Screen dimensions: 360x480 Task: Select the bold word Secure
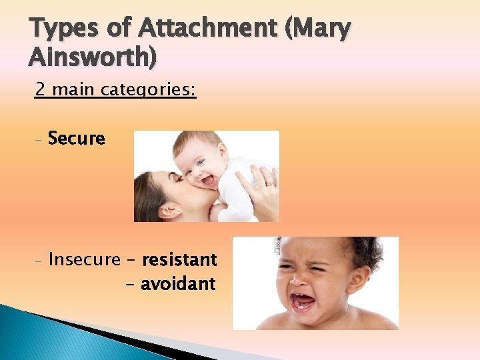tap(77, 139)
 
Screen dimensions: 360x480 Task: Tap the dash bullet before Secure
tap(39, 140)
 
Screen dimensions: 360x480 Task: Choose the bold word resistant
tap(179, 259)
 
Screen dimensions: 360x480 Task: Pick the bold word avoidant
tap(178, 284)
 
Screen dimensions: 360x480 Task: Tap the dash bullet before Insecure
tap(39, 260)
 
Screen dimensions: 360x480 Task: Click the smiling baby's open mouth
tap(207, 179)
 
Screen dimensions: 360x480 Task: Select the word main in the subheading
tap(74, 89)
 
